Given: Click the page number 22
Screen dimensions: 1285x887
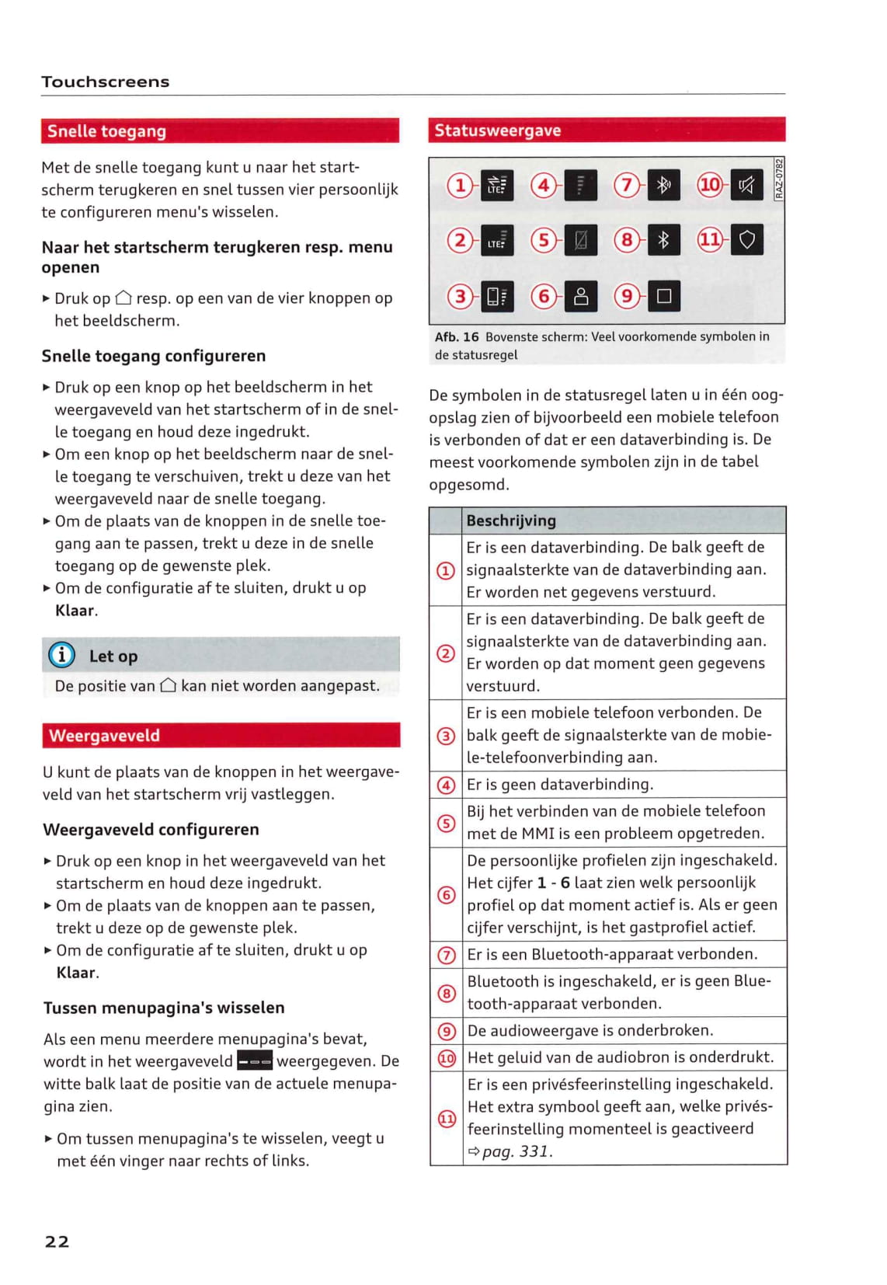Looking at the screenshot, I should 57,1241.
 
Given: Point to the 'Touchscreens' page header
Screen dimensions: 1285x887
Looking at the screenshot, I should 106,82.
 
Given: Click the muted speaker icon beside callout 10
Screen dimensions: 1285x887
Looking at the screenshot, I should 746,185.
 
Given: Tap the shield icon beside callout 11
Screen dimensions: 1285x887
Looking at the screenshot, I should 746,240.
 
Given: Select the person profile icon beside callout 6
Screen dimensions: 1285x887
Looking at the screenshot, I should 580,296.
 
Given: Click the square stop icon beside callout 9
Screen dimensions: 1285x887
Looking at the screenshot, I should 663,296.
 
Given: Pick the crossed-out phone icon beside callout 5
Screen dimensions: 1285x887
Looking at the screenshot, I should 580,240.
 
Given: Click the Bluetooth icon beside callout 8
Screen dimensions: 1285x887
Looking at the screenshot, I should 663,240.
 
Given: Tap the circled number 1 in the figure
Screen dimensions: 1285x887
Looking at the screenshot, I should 460,185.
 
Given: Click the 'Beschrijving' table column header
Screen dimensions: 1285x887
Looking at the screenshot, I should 510,521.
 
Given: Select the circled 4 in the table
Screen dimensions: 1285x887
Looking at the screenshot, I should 447,785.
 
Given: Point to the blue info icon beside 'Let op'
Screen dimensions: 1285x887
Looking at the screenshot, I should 62,655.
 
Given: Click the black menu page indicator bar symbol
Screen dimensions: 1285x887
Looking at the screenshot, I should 254,1060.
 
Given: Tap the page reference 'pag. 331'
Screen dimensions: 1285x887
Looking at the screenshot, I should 517,1151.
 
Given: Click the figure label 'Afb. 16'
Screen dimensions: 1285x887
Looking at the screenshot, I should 457,336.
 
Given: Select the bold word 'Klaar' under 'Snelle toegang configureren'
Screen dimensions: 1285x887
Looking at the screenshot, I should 75,611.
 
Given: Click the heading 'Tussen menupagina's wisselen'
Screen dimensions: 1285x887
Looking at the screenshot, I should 164,1008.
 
